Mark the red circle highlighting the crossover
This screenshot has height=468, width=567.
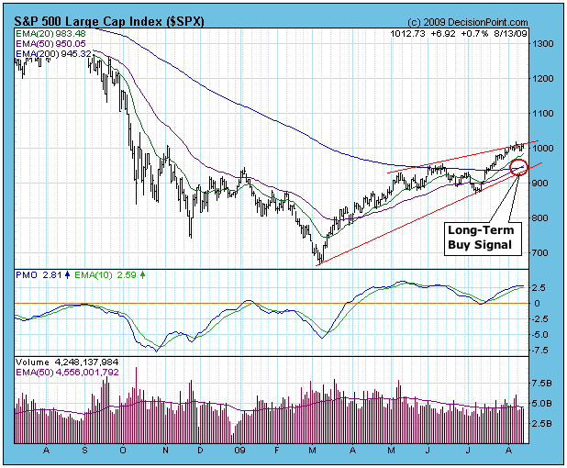518,168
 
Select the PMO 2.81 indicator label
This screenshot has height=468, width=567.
33,274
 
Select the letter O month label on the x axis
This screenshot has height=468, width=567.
123,451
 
